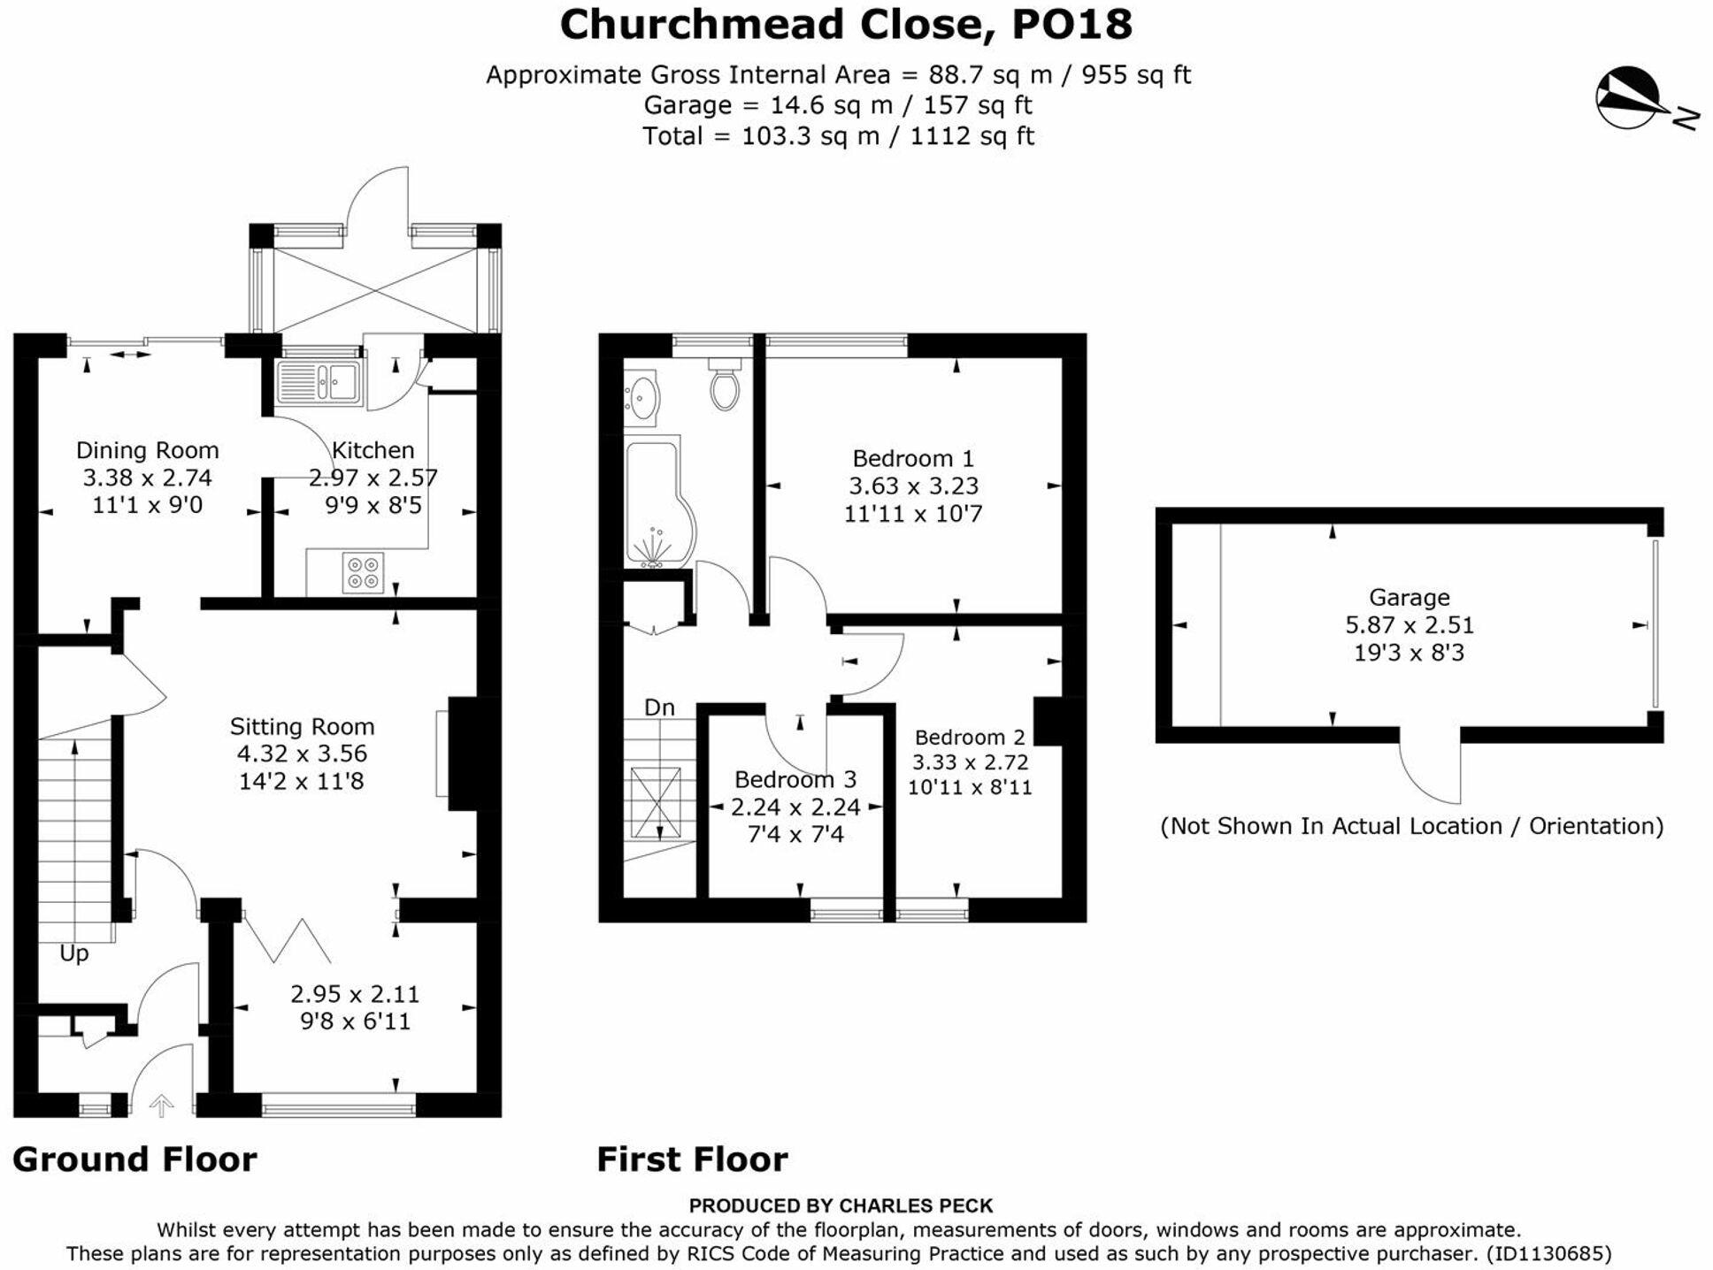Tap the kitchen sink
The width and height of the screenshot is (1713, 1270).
(x=319, y=383)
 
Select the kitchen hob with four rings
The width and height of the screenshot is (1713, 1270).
(x=363, y=571)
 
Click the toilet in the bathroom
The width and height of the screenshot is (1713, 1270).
(x=725, y=386)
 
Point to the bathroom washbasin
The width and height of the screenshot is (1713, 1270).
(x=641, y=397)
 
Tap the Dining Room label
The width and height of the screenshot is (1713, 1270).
(x=147, y=450)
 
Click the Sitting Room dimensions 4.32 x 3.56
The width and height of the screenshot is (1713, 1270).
(x=302, y=754)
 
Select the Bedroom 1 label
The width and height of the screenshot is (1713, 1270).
(x=912, y=458)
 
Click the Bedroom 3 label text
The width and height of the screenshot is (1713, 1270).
(x=795, y=779)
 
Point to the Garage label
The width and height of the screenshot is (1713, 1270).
(x=1409, y=597)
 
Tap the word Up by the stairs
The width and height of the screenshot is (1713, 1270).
(x=74, y=953)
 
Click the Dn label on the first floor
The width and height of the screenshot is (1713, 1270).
(x=659, y=708)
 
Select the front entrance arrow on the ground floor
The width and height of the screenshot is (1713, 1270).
(x=161, y=1106)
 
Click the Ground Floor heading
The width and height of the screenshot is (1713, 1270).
(x=134, y=1159)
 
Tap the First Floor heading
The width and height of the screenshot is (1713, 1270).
(x=692, y=1159)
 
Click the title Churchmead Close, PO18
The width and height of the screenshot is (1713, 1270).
(x=845, y=25)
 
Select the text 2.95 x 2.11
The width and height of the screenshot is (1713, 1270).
(x=355, y=994)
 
